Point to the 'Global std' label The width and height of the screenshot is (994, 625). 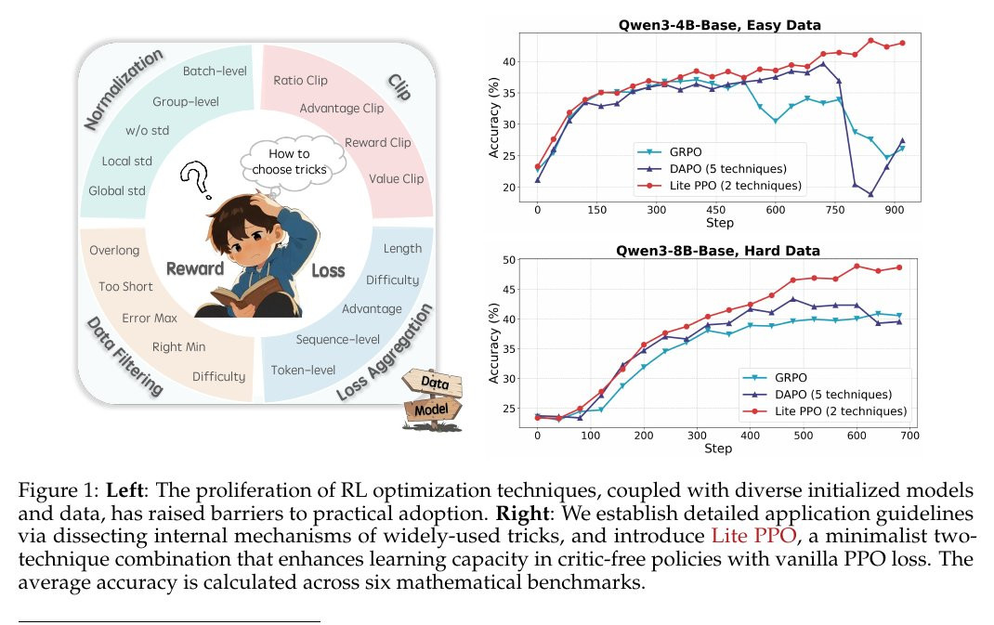click(x=118, y=191)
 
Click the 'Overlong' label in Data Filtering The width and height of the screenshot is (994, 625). click(x=114, y=250)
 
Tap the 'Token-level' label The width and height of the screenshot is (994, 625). click(x=303, y=370)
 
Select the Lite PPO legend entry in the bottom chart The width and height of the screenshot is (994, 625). click(x=841, y=410)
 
